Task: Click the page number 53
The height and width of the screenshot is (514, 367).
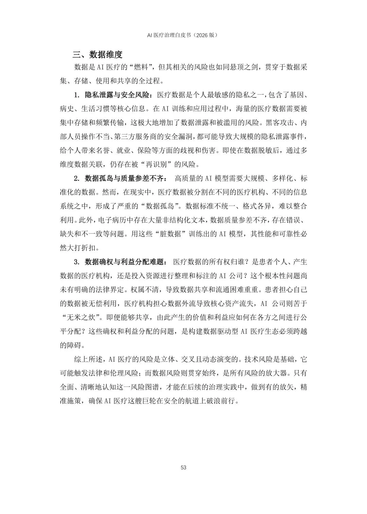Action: (183, 467)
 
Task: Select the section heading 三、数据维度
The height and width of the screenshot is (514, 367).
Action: (97, 54)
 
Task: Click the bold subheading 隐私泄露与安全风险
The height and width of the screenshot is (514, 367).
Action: (118, 95)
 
